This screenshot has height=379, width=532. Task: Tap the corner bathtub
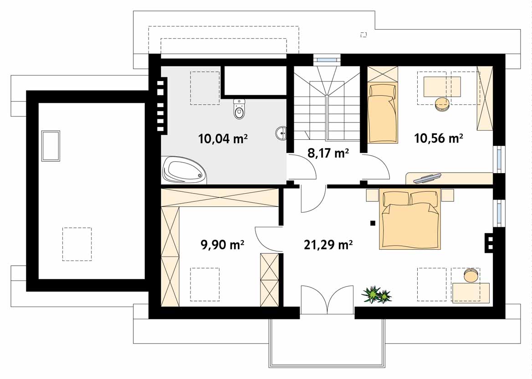(x=184, y=170)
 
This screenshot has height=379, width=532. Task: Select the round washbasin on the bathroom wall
(x=281, y=133)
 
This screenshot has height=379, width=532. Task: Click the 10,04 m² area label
(x=223, y=138)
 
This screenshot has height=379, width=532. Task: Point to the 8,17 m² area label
(x=328, y=154)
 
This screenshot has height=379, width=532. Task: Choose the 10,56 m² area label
(x=439, y=138)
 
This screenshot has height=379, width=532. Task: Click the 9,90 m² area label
(x=223, y=244)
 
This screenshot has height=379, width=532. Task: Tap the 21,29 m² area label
(x=328, y=244)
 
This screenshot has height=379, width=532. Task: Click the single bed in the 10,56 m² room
(x=383, y=113)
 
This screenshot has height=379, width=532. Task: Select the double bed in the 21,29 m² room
(x=410, y=219)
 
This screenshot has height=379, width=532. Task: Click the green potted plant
(x=377, y=294)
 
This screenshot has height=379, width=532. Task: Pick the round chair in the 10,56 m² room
(x=442, y=104)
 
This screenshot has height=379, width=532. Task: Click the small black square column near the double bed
(x=373, y=223)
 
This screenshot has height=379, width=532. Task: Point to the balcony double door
(x=327, y=300)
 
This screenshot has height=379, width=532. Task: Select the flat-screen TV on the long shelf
(x=428, y=178)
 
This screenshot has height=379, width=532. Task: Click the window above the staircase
(x=326, y=60)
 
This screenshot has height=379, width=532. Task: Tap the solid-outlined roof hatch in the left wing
(x=51, y=146)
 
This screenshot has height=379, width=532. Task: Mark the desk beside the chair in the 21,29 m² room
(x=471, y=292)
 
